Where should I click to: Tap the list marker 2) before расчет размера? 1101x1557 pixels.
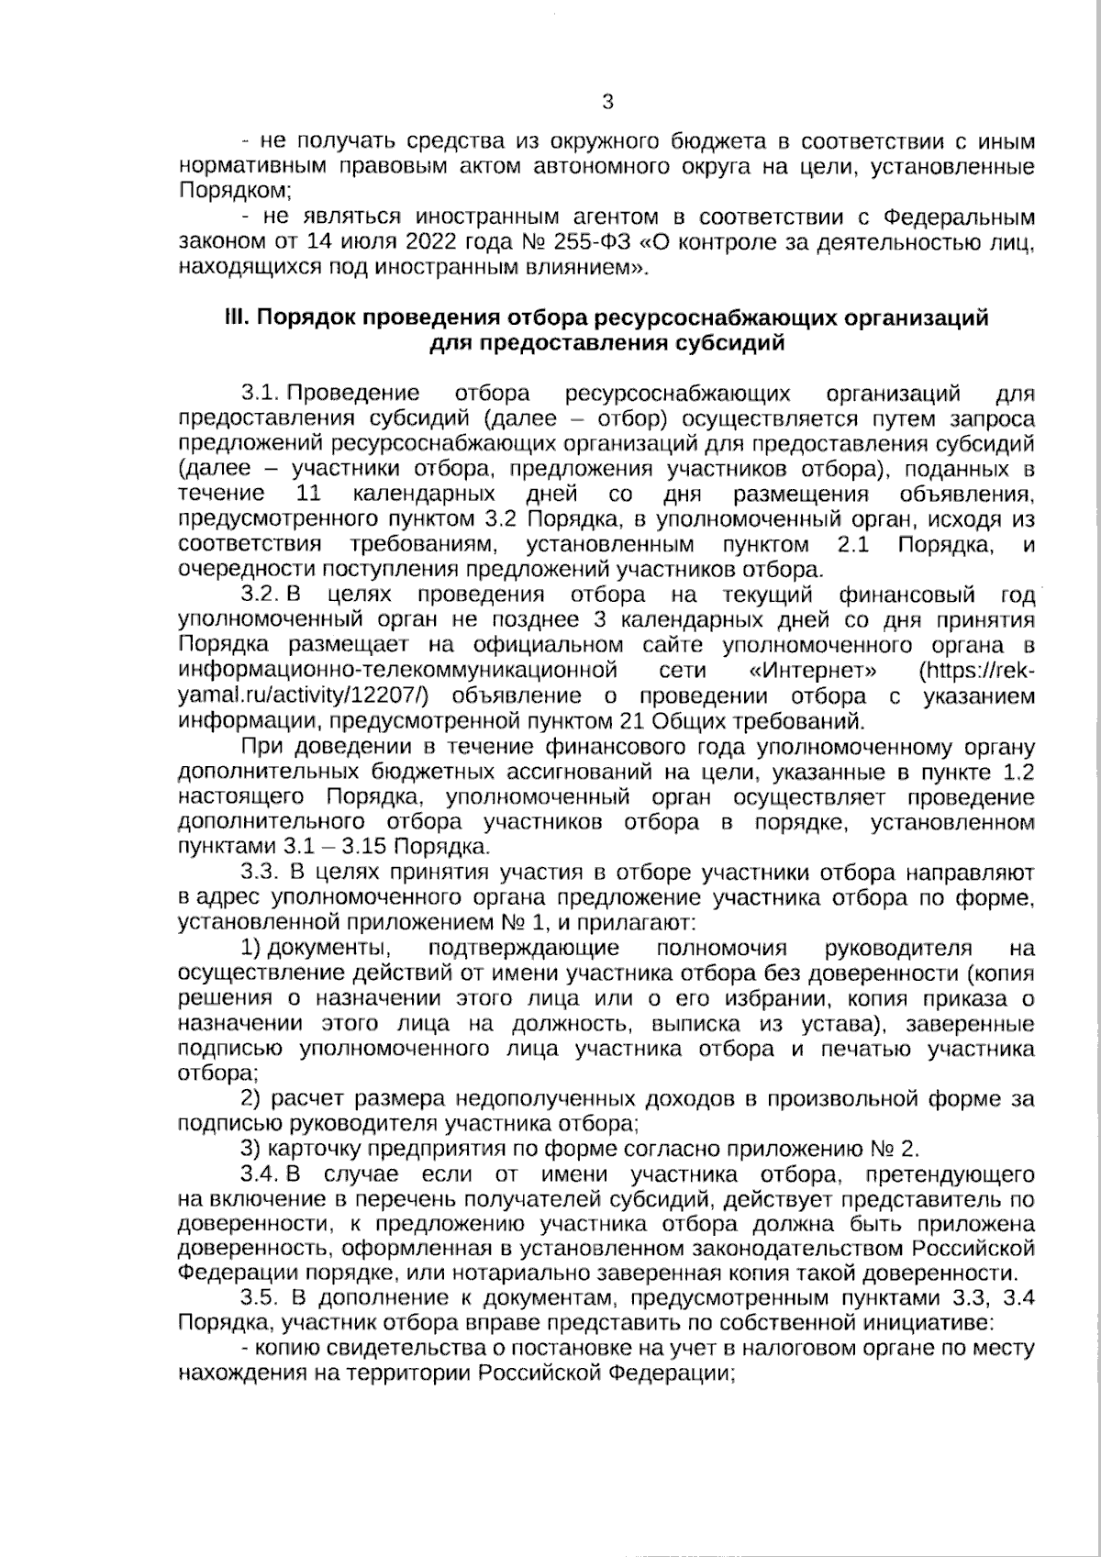click(x=250, y=1098)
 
